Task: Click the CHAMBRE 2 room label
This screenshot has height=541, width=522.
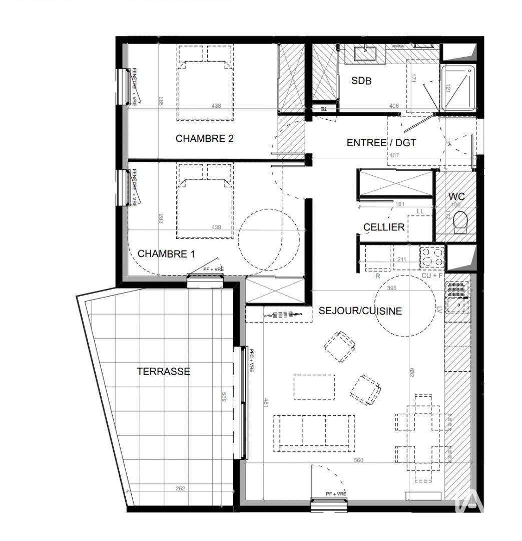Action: click(205, 139)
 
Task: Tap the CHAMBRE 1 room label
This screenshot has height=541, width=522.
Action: click(166, 254)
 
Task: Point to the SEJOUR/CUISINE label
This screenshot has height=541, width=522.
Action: click(360, 311)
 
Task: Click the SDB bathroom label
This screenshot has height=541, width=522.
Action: click(361, 81)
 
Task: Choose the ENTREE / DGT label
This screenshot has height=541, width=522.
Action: click(381, 143)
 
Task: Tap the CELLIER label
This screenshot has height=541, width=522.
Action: click(384, 227)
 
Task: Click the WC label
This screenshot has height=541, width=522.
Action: click(456, 196)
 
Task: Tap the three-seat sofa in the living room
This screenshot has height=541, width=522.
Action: click(314, 432)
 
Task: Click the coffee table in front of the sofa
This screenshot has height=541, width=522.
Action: click(314, 387)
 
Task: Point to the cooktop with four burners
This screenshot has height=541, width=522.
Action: click(432, 257)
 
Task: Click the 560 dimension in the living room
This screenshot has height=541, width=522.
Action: click(358, 460)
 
